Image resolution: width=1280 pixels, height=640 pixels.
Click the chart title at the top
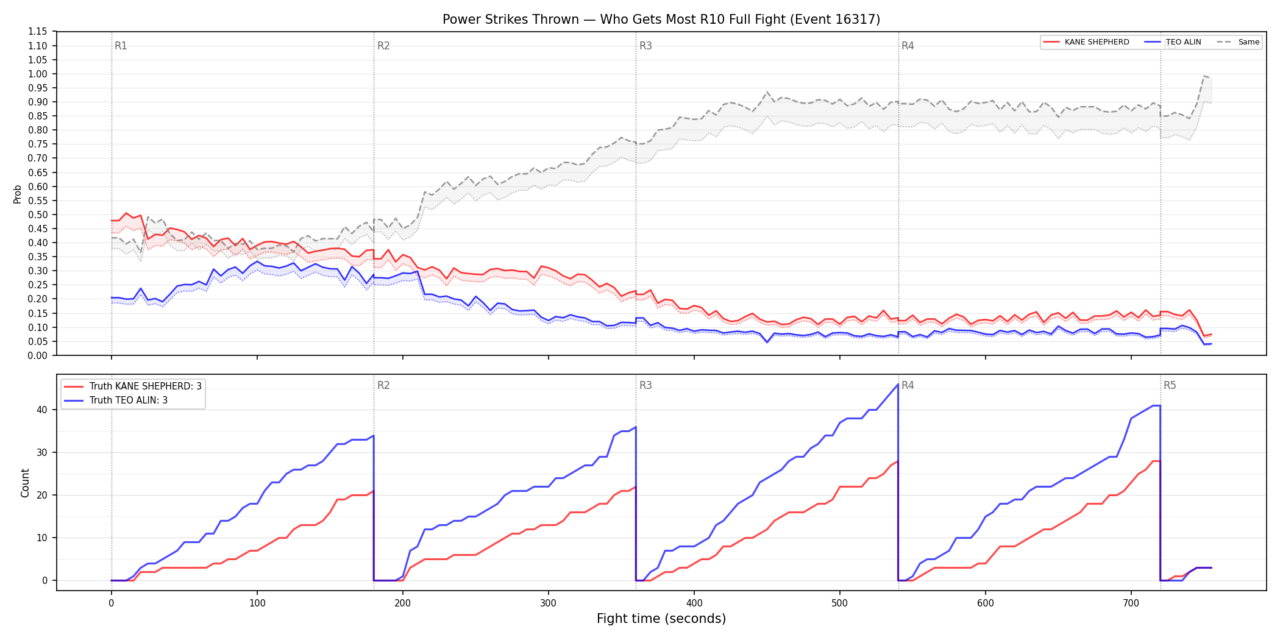[x=661, y=20]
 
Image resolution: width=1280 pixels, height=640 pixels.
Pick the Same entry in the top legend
[x=1238, y=42]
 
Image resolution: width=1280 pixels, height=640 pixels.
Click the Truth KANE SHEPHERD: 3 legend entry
[x=133, y=386]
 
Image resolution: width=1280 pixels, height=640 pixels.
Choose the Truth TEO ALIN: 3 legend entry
[x=116, y=400]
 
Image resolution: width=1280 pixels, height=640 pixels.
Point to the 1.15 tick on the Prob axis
[x=38, y=32]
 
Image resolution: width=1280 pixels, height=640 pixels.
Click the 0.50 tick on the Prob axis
[x=38, y=215]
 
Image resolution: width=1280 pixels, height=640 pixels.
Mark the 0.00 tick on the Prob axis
[x=38, y=355]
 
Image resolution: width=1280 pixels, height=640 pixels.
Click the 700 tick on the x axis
[x=1131, y=603]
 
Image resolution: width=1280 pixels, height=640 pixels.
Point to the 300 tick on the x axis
[x=548, y=603]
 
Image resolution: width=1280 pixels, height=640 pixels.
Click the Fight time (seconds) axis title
[x=661, y=619]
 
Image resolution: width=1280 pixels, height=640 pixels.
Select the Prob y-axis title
[x=18, y=194]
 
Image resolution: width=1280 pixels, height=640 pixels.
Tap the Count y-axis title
[x=25, y=483]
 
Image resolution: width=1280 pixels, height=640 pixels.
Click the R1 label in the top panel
[x=121, y=46]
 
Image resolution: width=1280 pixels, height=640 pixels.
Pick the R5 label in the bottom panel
[x=1170, y=385]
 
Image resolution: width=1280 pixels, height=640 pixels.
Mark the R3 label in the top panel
[x=645, y=46]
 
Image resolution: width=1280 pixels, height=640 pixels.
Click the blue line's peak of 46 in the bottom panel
[x=898, y=384]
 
